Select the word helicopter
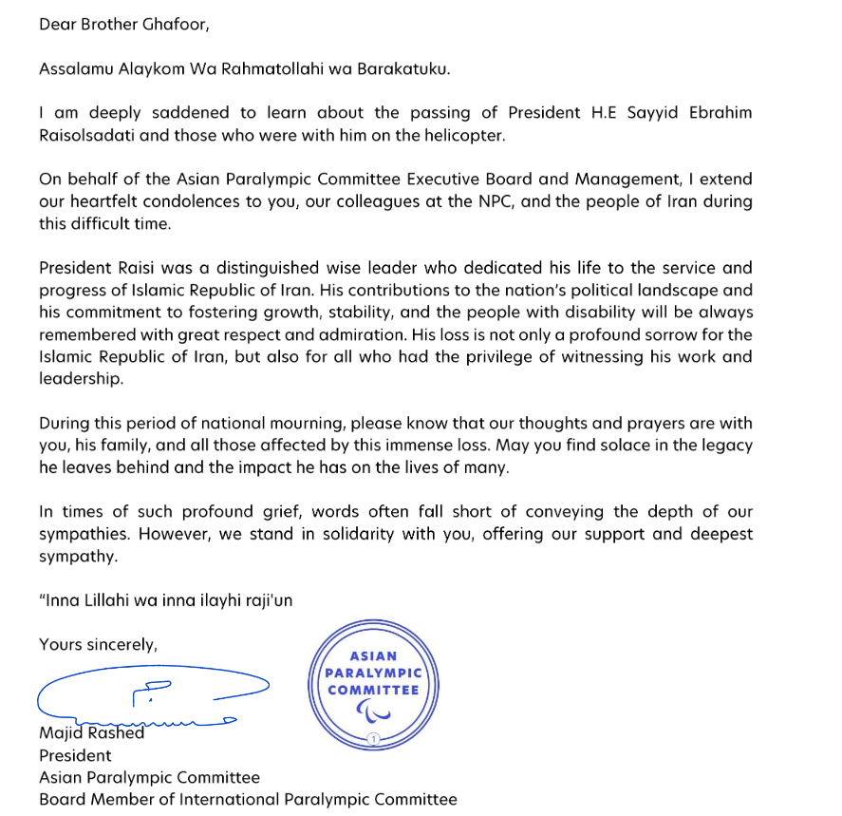pyautogui.click(x=459, y=134)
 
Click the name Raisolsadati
pyautogui.click(x=86, y=134)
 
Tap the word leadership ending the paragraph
pyautogui.click(x=81, y=378)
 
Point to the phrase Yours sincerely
pyautogui.click(x=98, y=644)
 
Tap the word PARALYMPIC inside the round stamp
pyautogui.click(x=373, y=673)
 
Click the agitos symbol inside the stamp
pyautogui.click(x=371, y=711)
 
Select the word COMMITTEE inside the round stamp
pyautogui.click(x=373, y=690)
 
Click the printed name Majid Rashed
pyautogui.click(x=92, y=732)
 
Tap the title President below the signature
pyautogui.click(x=75, y=755)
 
